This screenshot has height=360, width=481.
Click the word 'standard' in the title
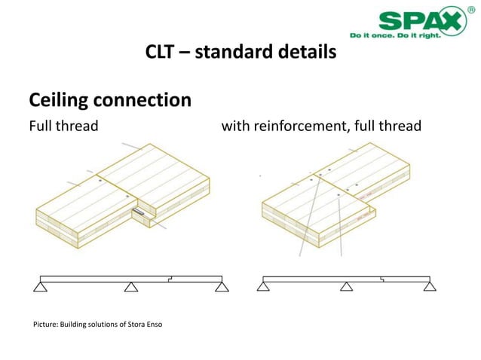(238, 53)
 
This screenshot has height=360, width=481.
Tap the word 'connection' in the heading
(148, 99)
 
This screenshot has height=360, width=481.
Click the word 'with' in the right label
(235, 126)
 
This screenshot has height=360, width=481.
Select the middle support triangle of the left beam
(131, 286)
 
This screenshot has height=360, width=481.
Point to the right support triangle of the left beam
(221, 286)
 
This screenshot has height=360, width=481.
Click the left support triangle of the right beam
(264, 285)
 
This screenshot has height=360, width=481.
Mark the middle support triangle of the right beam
(346, 285)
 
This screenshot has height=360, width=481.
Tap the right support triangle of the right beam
(429, 285)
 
